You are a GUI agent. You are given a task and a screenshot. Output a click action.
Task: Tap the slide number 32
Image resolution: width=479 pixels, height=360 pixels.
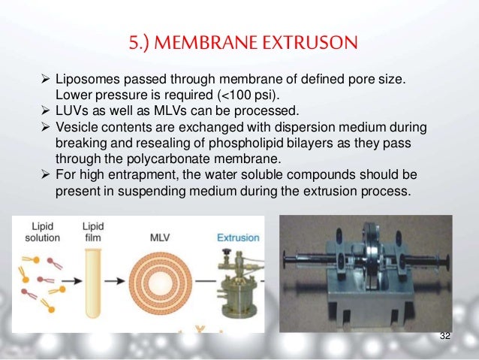coord(445,335)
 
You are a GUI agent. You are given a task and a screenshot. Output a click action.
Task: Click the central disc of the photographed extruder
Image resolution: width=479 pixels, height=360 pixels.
coord(373,265)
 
